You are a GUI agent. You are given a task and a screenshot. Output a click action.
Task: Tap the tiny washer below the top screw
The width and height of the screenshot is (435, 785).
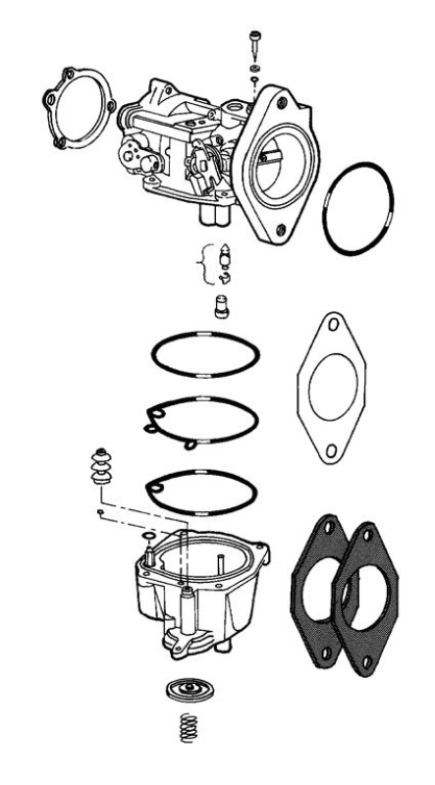(253, 72)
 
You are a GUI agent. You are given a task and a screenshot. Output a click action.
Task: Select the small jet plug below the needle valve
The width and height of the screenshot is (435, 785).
(221, 309)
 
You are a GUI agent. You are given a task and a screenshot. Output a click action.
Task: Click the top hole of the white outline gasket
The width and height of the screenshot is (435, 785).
(334, 324)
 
